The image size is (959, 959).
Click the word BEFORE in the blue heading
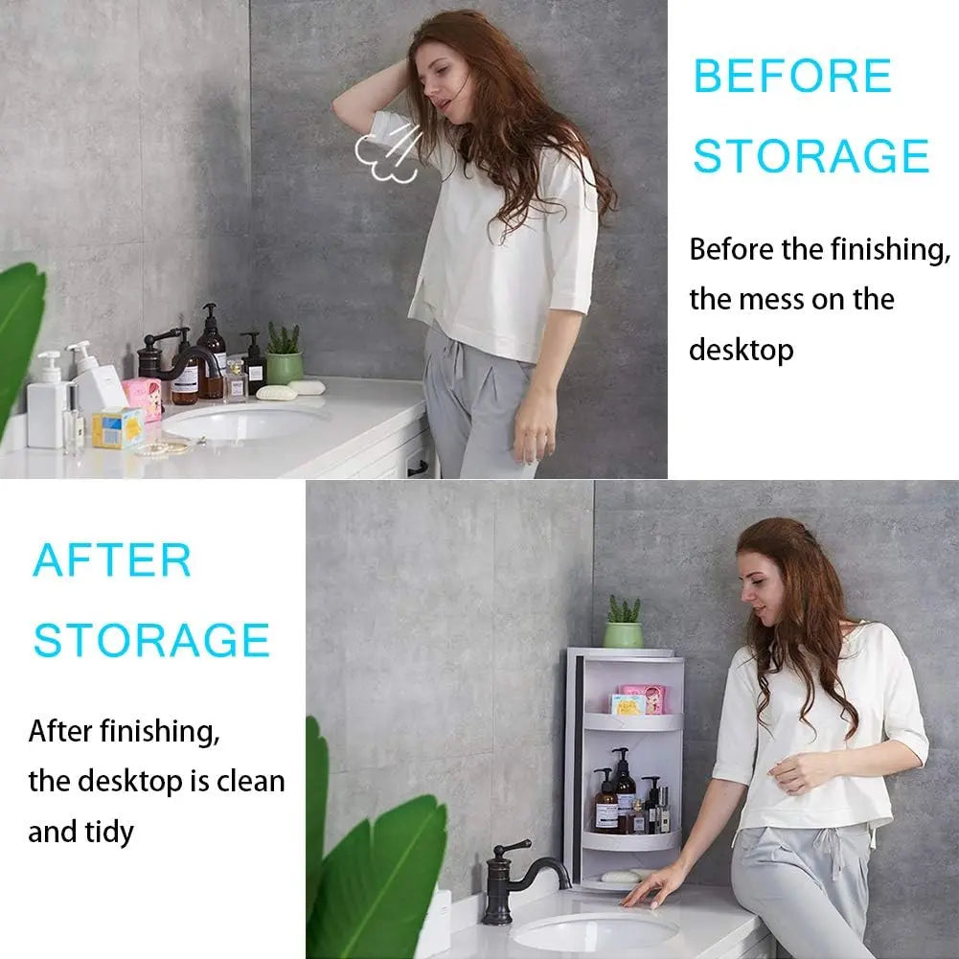tap(792, 77)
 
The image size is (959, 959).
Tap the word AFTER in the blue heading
tap(112, 560)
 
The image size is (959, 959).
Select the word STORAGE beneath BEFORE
tap(811, 156)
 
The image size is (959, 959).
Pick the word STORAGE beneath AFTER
tap(151, 640)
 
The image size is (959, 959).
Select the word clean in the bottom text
tap(250, 782)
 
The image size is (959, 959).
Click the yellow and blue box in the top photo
tap(118, 427)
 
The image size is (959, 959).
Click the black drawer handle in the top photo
tap(418, 468)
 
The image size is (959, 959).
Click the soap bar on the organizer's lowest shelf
tap(619, 876)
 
